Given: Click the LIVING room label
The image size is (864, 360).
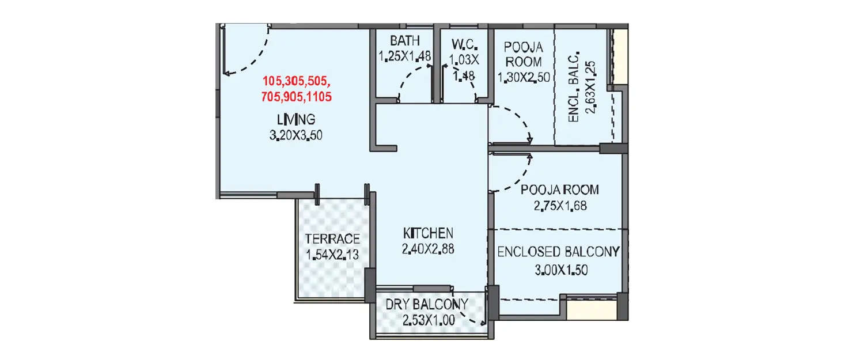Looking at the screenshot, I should pos(296,120).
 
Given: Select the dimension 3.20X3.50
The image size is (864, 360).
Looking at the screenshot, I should pos(296,136).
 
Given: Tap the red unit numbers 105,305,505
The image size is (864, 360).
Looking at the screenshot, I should pos(297,81).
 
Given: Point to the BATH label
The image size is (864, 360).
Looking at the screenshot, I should pos(404,41).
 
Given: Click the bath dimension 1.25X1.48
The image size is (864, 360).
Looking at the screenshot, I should pos(404,56).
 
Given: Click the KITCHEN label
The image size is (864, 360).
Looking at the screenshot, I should pos(428,233).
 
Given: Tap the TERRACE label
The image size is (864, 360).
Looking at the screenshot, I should pos(332,239).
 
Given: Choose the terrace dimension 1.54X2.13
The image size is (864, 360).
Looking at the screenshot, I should pos(332,255).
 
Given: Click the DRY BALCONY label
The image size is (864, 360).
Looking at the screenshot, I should pos(427,304).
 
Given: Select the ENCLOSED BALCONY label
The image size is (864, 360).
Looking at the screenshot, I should pos(558,252).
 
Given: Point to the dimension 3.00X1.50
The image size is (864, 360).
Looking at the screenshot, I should pos(558,270).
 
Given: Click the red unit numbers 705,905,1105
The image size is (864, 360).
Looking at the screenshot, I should pos(297,97).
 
